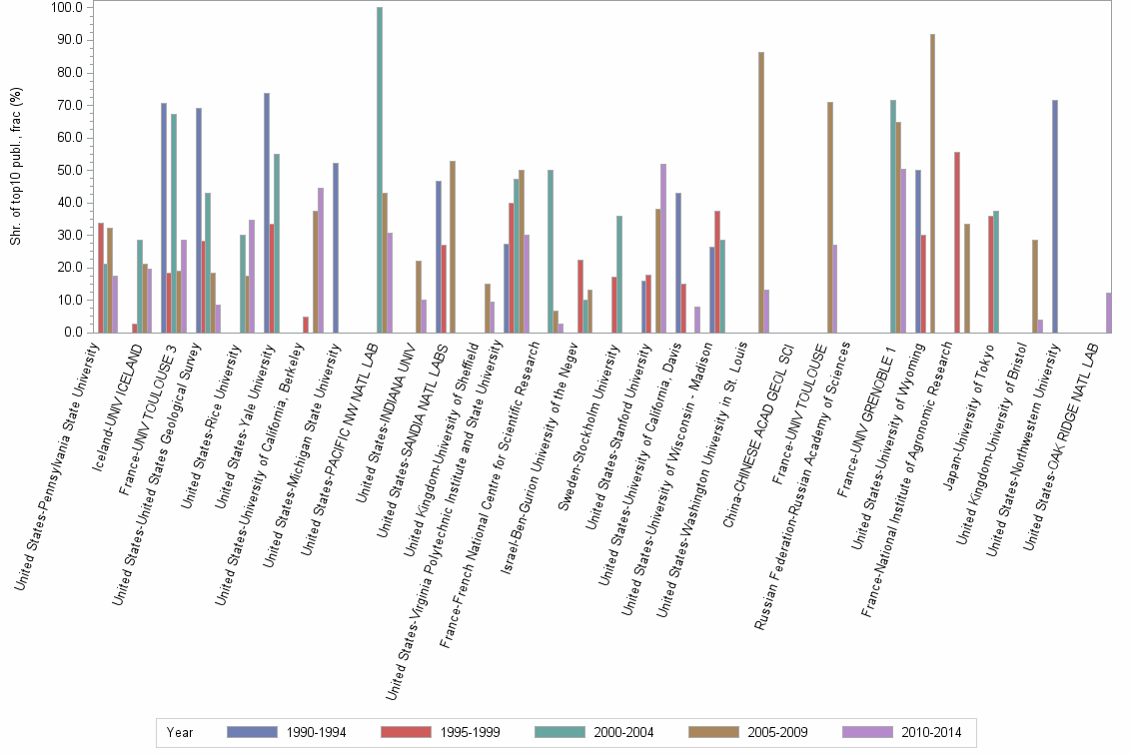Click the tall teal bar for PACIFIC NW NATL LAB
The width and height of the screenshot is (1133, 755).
[x=380, y=170]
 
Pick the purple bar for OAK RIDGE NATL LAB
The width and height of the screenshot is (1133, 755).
[x=1108, y=313]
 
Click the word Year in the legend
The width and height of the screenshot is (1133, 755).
[x=180, y=732]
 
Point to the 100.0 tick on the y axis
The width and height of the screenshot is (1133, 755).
[x=67, y=8]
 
